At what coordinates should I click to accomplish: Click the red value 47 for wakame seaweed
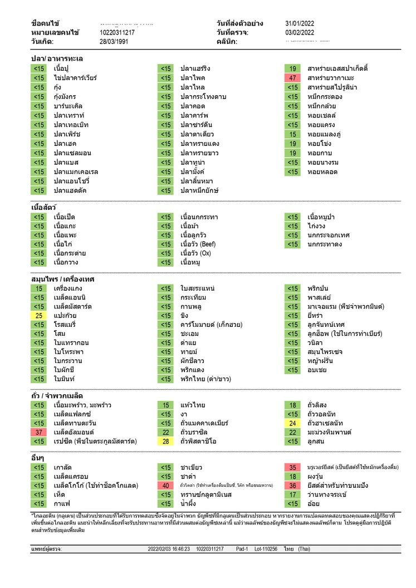(x=292, y=78)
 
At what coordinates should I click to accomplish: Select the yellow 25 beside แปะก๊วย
(x=39, y=316)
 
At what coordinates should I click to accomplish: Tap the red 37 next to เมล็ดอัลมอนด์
(x=39, y=432)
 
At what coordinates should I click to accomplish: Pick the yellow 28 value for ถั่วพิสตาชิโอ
(x=166, y=442)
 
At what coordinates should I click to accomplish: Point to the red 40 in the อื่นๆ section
(x=166, y=486)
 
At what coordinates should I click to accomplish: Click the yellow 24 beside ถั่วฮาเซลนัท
(x=292, y=423)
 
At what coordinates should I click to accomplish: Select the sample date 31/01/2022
(x=300, y=23)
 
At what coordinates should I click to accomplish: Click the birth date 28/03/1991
(x=114, y=42)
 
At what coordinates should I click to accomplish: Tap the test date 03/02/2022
(x=300, y=32)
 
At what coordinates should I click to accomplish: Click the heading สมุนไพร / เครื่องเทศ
(x=63, y=279)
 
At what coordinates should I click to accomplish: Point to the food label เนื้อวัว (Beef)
(x=198, y=244)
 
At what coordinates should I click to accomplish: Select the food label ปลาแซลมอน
(x=72, y=153)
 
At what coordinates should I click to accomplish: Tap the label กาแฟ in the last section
(x=62, y=504)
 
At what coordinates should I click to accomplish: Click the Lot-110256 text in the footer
(x=266, y=548)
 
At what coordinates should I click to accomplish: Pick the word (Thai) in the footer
(x=304, y=548)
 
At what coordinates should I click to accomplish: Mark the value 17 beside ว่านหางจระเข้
(x=292, y=494)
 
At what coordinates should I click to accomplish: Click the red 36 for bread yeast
(x=292, y=486)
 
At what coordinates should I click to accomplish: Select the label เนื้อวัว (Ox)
(x=195, y=253)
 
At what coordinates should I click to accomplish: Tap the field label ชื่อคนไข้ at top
(x=45, y=23)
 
